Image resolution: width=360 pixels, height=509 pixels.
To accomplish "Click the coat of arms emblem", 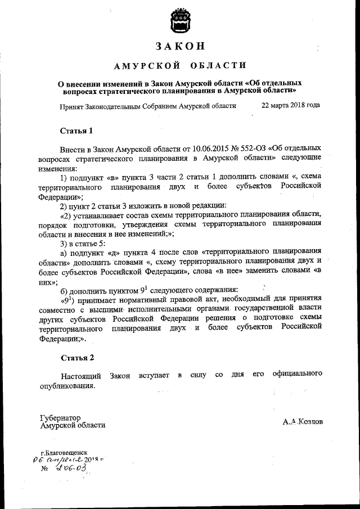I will pos(179,20).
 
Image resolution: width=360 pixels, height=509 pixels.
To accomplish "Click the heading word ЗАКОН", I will pos(179,46).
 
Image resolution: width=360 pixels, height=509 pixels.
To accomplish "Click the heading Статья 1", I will pos(76,131).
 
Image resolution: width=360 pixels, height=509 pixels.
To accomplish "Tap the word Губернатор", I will pos(61,418).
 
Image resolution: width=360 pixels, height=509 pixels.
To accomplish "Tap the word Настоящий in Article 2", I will pos(82,375).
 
